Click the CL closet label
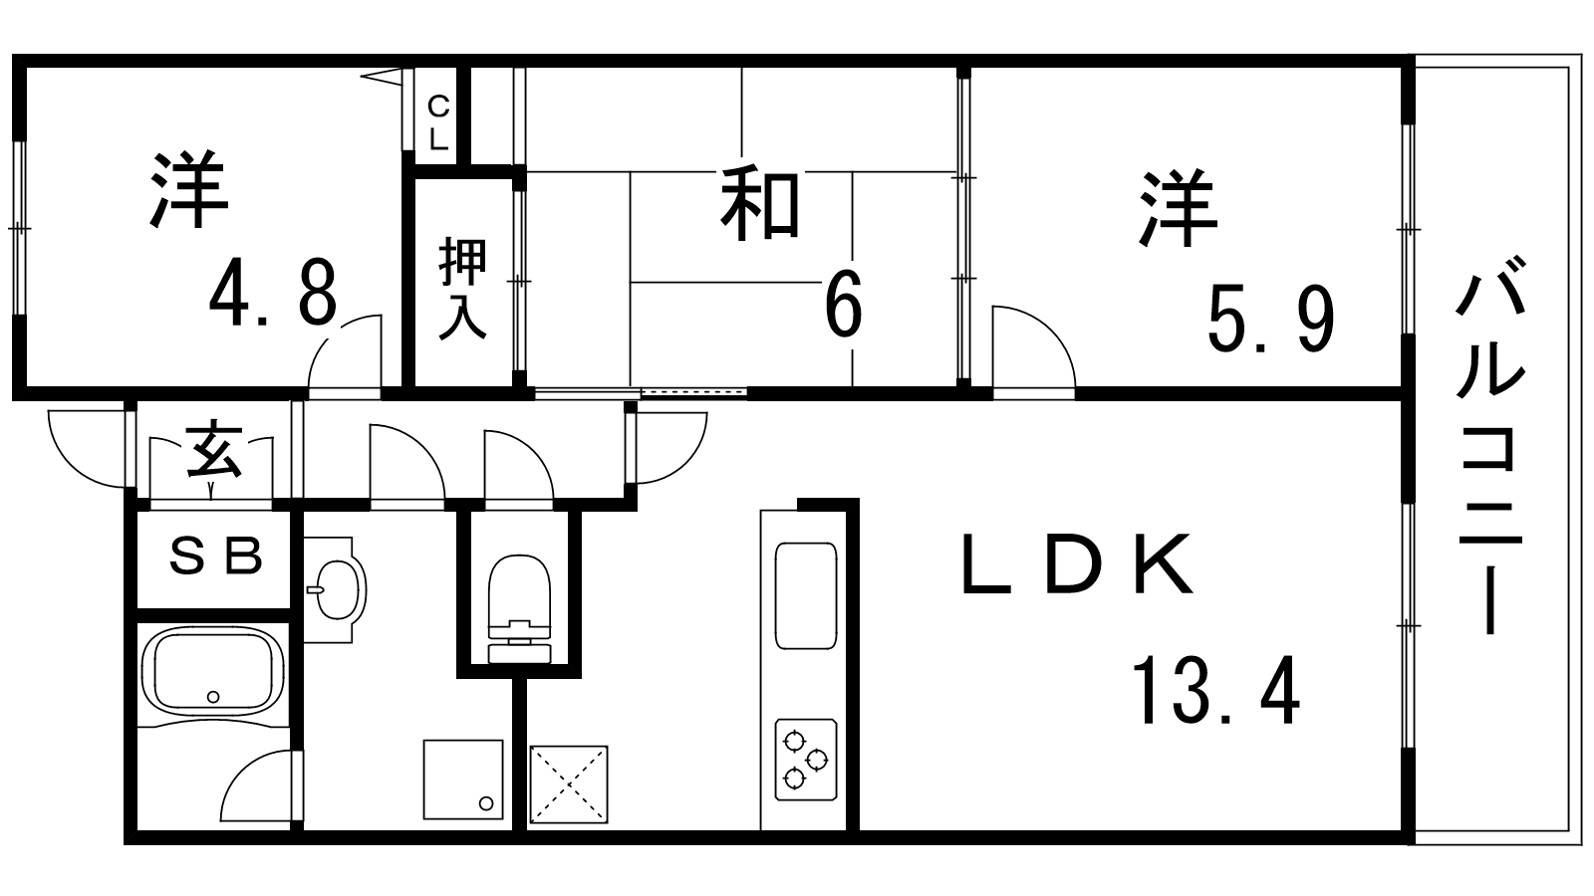438,123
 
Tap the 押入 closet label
462,289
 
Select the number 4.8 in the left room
273,292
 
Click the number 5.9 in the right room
1271,320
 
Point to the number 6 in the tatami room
844,303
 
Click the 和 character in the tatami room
760,203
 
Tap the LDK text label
1077,563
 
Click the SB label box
215,558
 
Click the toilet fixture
519,608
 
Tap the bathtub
213,671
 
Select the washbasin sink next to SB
337,589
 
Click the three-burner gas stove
806,760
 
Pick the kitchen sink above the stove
806,596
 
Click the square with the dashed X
569,784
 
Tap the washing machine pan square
463,780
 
